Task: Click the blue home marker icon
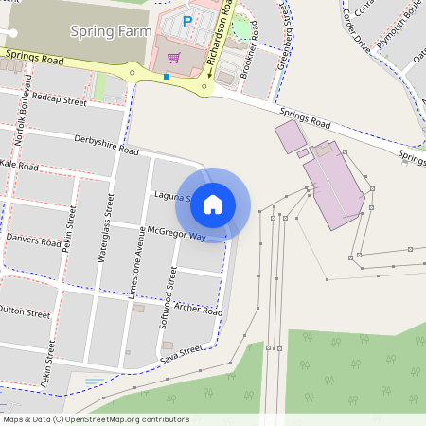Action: pyautogui.click(x=213, y=204)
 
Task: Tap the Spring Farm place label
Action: pyautogui.click(x=110, y=30)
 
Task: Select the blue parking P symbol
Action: pyautogui.click(x=186, y=21)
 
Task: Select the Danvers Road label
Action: pyautogui.click(x=32, y=240)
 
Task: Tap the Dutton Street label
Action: pyautogui.click(x=24, y=311)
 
